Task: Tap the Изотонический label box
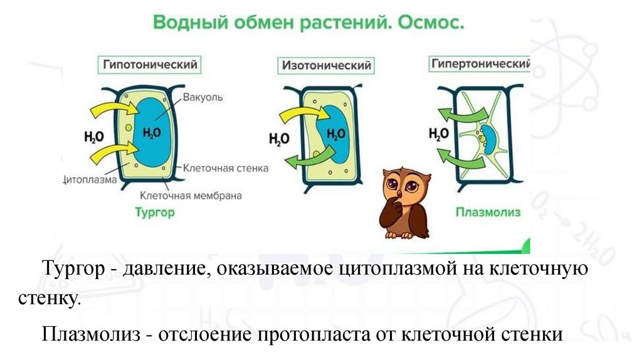pos(326,65)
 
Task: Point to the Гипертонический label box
pos(480,64)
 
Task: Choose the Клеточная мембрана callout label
pos(191,195)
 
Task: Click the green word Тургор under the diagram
pos(155,212)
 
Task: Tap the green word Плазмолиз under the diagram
pos(488,212)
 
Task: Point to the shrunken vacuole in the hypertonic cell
pos(490,139)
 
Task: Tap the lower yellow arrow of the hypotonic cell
pos(113,152)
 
